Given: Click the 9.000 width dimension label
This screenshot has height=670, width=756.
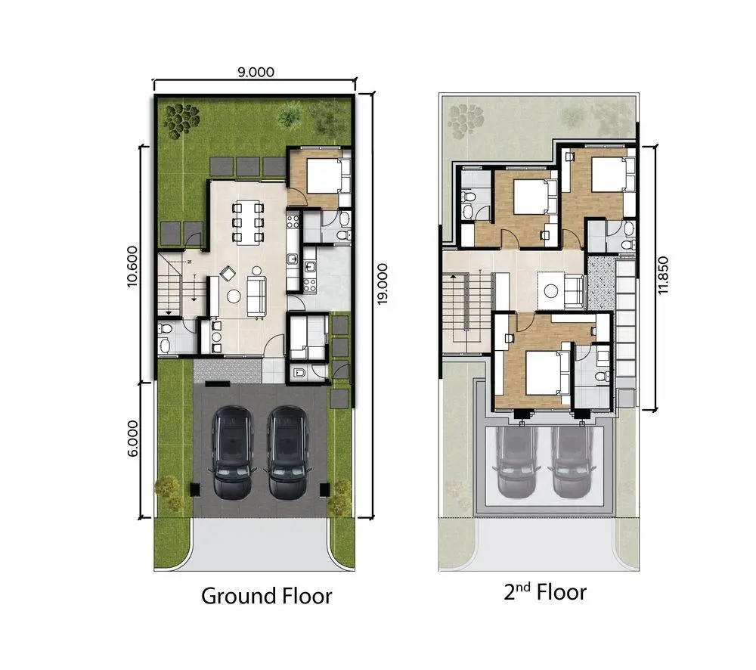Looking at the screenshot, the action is [256, 72].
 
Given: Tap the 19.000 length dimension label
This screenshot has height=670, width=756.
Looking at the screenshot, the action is [383, 284].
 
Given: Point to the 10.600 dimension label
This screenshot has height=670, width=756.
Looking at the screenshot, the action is [132, 266].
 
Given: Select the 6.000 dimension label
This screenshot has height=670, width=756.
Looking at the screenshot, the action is [132, 438].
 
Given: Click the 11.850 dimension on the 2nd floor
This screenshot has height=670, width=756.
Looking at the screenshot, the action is [663, 275].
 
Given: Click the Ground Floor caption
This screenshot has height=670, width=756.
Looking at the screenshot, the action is [267, 596].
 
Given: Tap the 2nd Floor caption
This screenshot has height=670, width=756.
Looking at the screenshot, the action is [545, 592].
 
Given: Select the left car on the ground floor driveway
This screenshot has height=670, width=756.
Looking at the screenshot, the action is [232, 452].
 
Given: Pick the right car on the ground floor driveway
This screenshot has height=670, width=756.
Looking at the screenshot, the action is [287, 452].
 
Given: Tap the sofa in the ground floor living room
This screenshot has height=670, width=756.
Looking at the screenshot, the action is [256, 297].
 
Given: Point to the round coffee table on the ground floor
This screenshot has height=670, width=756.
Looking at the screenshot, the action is [234, 296].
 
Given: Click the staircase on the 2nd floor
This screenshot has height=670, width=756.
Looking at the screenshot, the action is [456, 314].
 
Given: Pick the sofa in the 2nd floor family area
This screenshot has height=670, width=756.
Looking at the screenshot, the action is [575, 291].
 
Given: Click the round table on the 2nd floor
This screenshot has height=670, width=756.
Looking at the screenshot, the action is [551, 291].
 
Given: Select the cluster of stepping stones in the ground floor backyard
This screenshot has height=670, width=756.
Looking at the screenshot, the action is [181, 119].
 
